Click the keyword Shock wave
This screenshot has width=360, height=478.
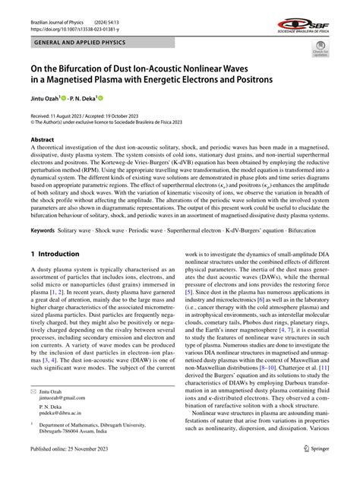click(112, 229)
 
